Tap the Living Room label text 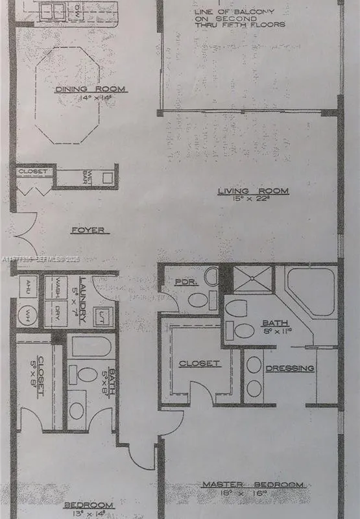pos(252,191)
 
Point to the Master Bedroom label pos(252,485)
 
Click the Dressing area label pos(290,368)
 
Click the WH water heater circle pos(28,317)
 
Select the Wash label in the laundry pos(56,286)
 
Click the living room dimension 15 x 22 pos(252,199)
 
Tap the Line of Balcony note pos(239,18)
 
